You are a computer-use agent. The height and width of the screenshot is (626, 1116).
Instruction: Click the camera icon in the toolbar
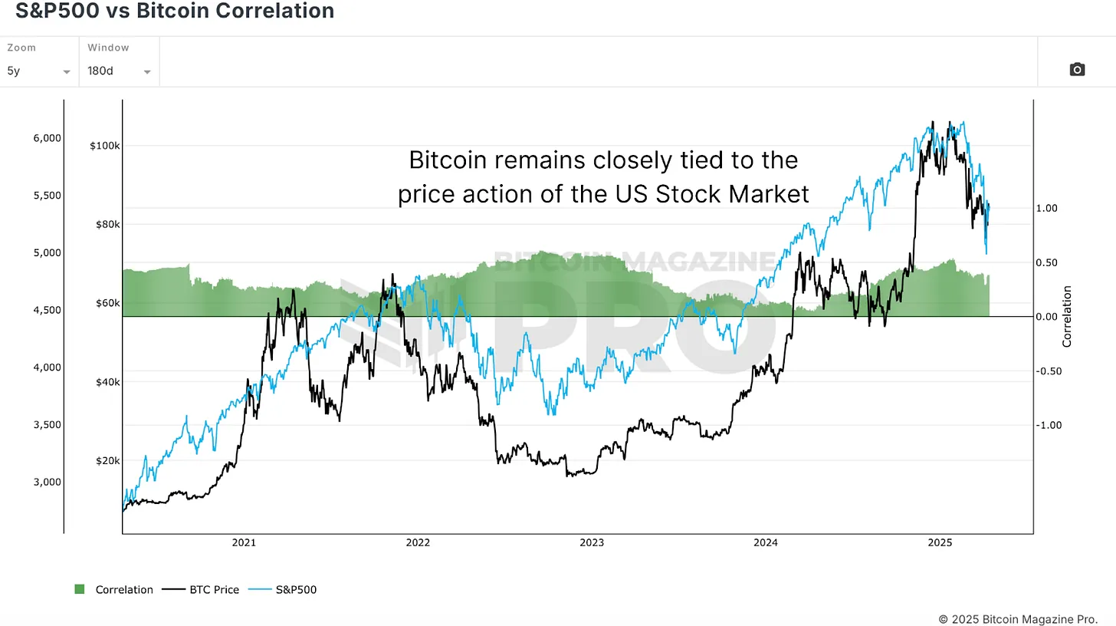click(1077, 70)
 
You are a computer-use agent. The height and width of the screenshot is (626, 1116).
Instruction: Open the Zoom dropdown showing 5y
click(38, 71)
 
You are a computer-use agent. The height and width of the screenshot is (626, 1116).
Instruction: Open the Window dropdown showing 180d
click(119, 71)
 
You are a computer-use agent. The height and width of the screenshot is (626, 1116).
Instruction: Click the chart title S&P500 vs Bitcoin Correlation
click(175, 11)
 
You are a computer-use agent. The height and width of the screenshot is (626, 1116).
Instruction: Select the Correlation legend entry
click(114, 590)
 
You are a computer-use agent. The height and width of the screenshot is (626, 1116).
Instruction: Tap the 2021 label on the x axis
click(244, 543)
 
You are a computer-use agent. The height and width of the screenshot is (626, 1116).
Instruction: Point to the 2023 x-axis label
click(592, 543)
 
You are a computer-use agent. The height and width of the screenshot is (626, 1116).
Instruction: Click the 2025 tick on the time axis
click(939, 543)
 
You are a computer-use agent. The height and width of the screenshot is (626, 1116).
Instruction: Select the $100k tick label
click(103, 146)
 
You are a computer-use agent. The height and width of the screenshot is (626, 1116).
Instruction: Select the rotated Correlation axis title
click(1067, 316)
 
